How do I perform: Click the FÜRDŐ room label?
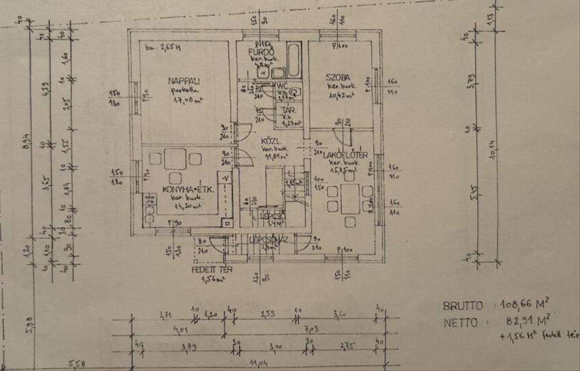(x=261, y=52)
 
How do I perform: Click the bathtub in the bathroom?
(x=293, y=60)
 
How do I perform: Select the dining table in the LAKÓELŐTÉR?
(x=349, y=198)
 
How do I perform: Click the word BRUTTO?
(x=463, y=306)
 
